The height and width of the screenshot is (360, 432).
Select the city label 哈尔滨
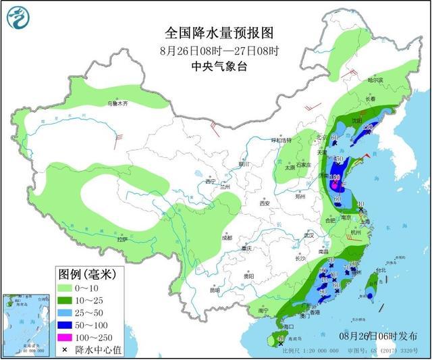(375, 80)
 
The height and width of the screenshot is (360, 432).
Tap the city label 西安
(264, 203)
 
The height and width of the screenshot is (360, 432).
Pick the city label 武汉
(310, 236)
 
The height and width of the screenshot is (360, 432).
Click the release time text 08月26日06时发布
(377, 336)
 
